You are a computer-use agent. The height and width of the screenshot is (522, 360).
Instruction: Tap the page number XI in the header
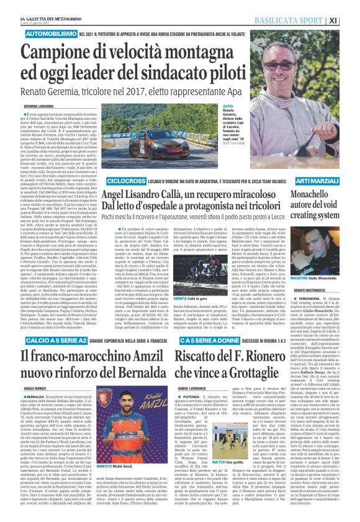pyautogui.click(x=351, y=19)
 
